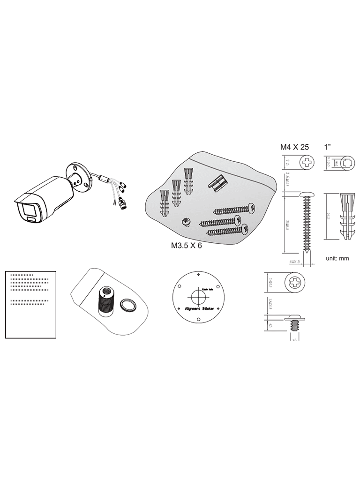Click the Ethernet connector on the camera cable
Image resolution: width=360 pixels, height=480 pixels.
(123, 203)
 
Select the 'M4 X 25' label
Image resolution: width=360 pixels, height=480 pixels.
(294, 147)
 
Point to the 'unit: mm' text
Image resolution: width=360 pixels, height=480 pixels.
(337, 258)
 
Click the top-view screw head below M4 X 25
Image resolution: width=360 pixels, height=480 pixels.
(307, 163)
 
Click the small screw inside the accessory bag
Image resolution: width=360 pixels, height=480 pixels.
(185, 222)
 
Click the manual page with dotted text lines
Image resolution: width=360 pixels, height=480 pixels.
(30, 303)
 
